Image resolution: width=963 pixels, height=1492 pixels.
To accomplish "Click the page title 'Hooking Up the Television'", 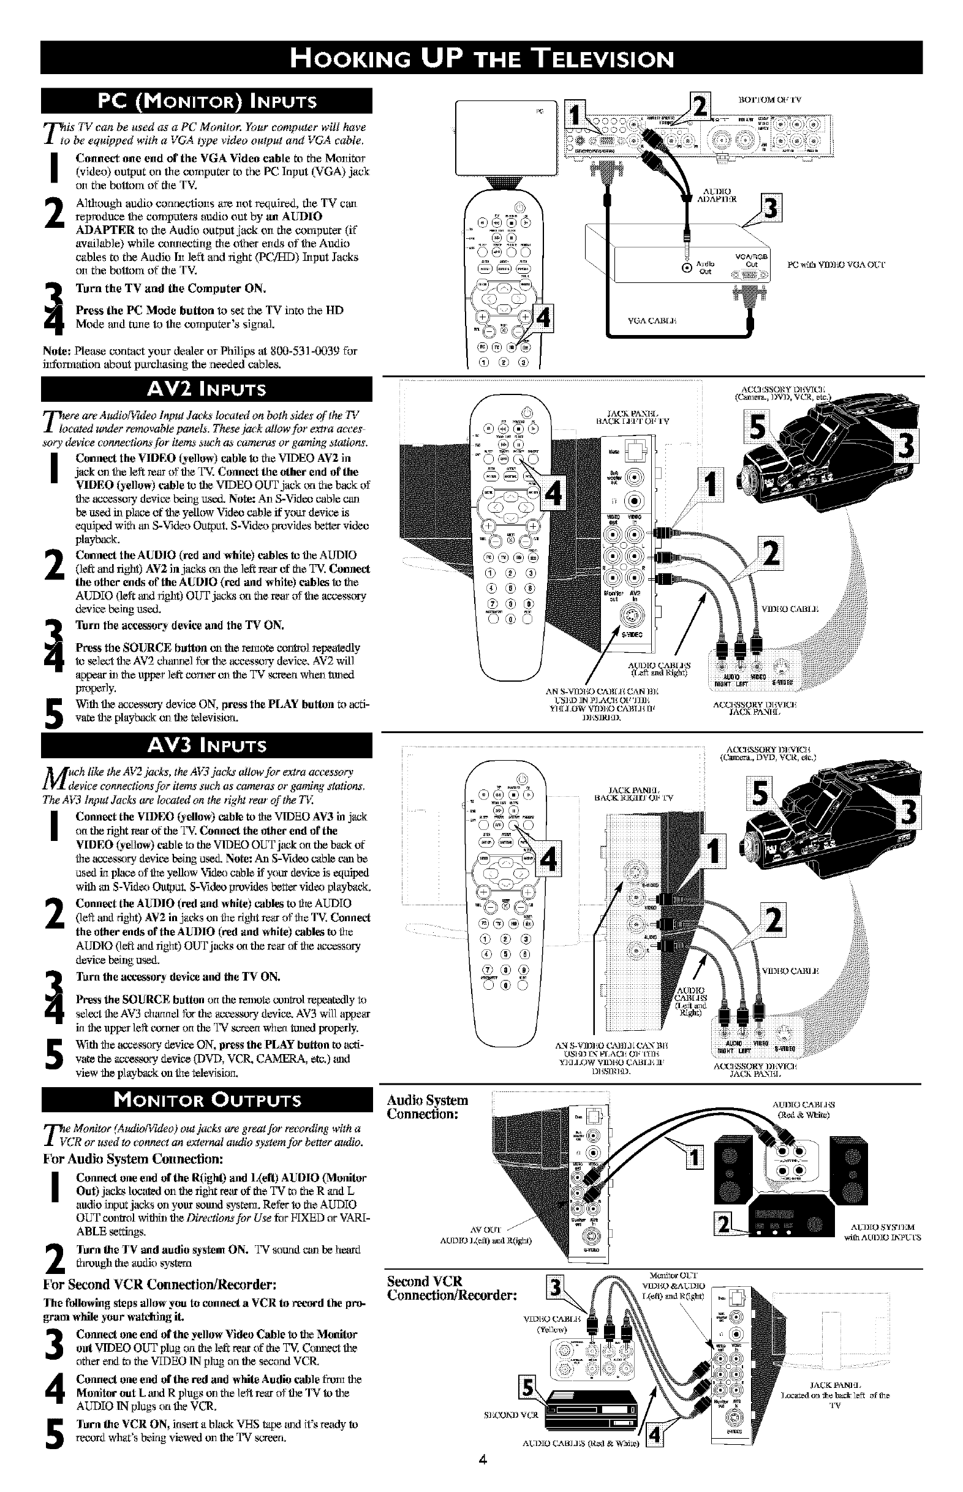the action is [x=481, y=58].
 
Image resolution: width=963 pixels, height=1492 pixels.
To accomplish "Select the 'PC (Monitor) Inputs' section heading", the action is [x=206, y=101].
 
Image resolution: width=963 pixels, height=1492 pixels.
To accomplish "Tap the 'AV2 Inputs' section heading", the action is [x=206, y=390].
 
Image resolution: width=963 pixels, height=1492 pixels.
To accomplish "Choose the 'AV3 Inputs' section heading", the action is [x=206, y=745].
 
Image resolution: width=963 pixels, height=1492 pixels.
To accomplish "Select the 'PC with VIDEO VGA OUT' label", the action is [x=836, y=265].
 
